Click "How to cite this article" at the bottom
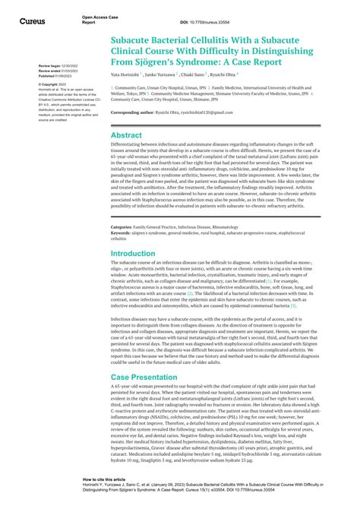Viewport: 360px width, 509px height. pyautogui.click(x=106, y=480)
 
